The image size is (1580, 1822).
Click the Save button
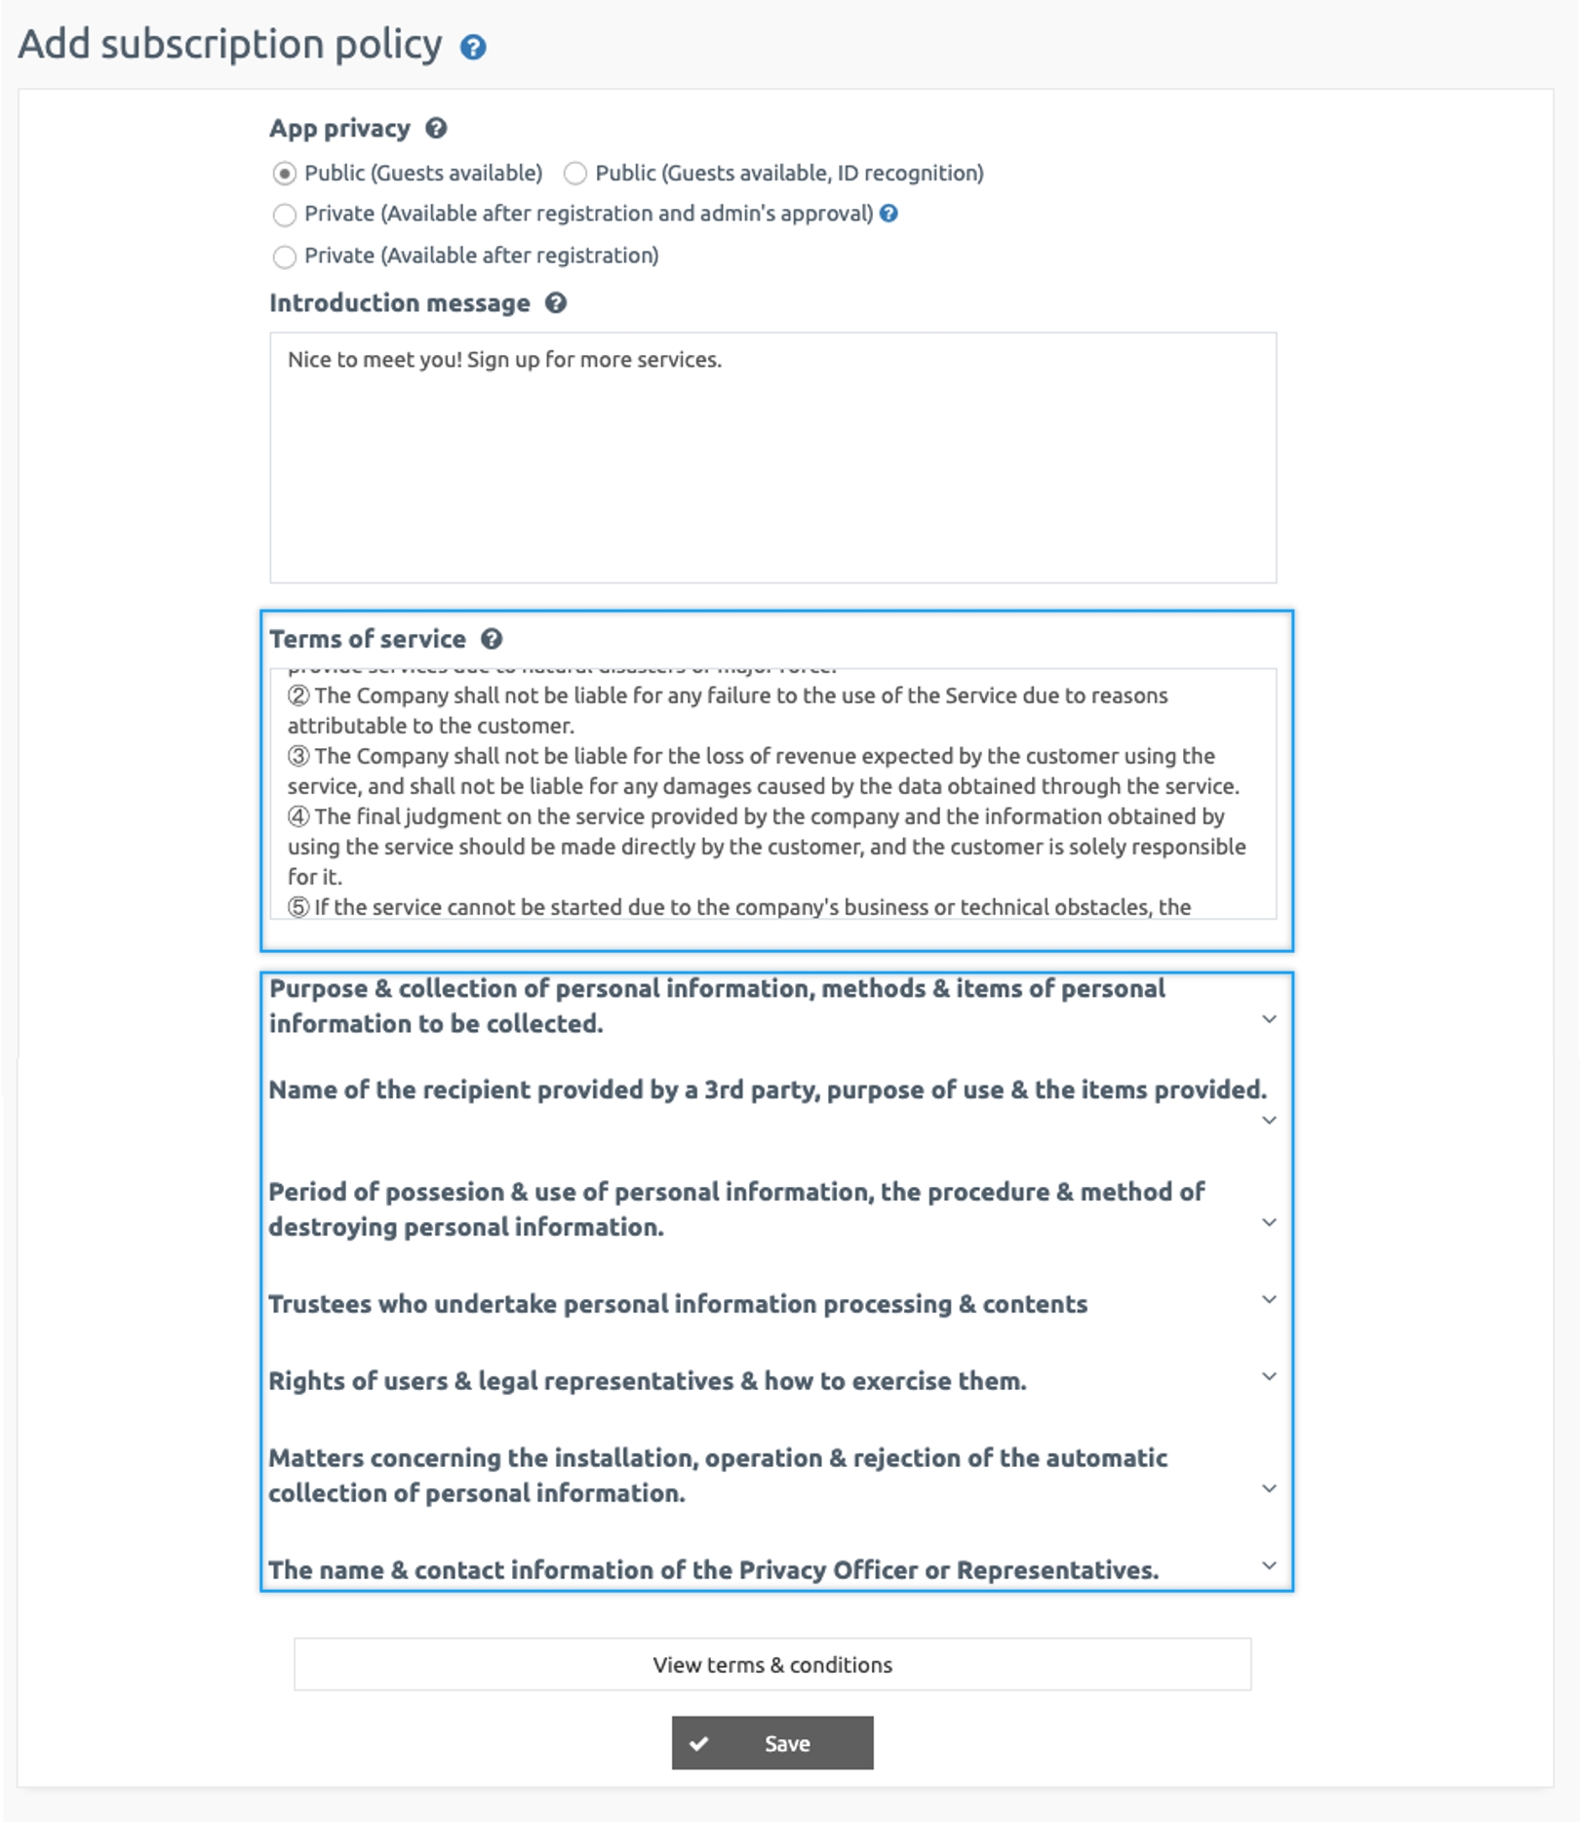click(x=772, y=1743)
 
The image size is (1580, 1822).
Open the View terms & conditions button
click(x=772, y=1664)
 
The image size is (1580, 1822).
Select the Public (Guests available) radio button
click(x=284, y=174)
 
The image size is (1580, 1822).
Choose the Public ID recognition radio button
click(x=575, y=174)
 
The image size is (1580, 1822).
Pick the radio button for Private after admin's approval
click(x=284, y=215)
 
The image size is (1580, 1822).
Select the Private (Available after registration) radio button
click(x=284, y=257)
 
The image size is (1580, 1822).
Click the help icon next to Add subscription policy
click(x=473, y=47)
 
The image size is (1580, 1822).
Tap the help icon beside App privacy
click(x=436, y=128)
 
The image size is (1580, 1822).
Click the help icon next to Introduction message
click(x=556, y=303)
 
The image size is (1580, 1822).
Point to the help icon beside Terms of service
click(x=492, y=639)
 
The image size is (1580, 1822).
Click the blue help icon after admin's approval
click(x=889, y=214)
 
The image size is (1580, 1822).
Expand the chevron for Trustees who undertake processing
click(x=1269, y=1299)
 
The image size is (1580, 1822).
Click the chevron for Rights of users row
click(x=1269, y=1376)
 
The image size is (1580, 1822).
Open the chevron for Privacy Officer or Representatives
click(x=1269, y=1565)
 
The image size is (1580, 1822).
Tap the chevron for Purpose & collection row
click(x=1269, y=1019)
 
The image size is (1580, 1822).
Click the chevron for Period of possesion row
click(x=1269, y=1222)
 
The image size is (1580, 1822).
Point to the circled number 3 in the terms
click(x=298, y=756)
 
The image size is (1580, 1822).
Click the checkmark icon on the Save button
click(x=699, y=1743)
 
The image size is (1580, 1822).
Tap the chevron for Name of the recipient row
click(x=1269, y=1120)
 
